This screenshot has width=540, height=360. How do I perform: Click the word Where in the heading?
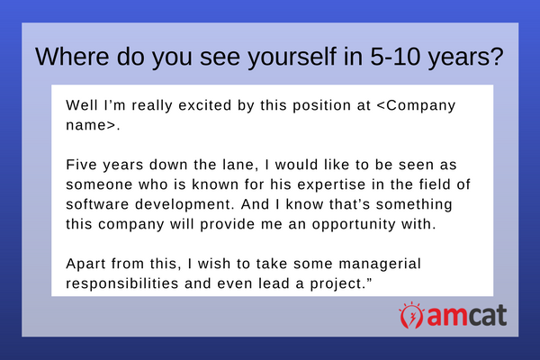pyautogui.click(x=72, y=56)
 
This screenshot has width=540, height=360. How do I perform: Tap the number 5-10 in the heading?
pyautogui.click(x=395, y=56)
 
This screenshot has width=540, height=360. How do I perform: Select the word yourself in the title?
pyautogui.click(x=292, y=58)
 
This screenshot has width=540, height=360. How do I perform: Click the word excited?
pyautogui.click(x=204, y=105)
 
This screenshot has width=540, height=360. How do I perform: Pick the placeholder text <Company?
pyautogui.click(x=416, y=106)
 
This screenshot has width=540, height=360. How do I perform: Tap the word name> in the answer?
pyautogui.click(x=91, y=125)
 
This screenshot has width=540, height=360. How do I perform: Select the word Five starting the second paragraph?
pyautogui.click(x=81, y=165)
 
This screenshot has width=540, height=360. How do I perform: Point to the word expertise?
pyautogui.click(x=331, y=185)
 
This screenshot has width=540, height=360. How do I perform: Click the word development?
pyautogui.click(x=183, y=205)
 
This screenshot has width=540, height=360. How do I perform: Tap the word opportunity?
pyautogui.click(x=354, y=225)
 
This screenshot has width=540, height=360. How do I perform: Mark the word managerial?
pyautogui.click(x=380, y=265)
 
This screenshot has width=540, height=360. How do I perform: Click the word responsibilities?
pyautogui.click(x=122, y=284)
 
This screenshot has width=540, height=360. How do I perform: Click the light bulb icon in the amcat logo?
pyautogui.click(x=411, y=315)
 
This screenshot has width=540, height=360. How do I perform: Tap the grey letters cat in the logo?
pyautogui.click(x=487, y=315)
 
